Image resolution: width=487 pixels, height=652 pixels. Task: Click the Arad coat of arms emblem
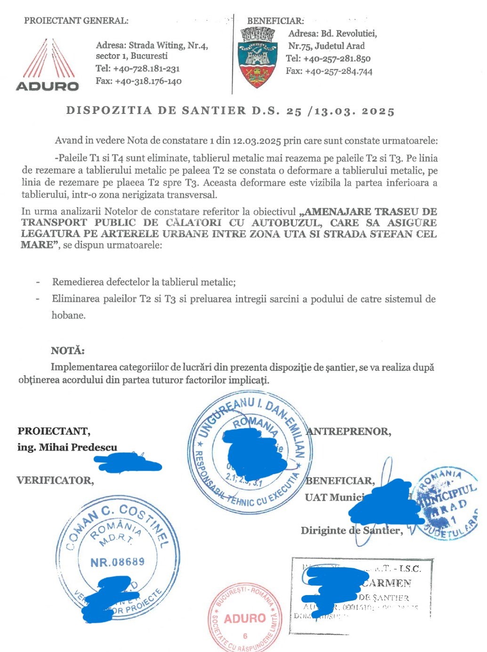coord(257,57)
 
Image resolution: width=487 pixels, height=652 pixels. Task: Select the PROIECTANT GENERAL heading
coord(76,21)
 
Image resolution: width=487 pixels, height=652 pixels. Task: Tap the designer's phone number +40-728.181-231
coord(146,69)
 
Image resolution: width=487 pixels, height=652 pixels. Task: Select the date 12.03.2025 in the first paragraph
coord(257,141)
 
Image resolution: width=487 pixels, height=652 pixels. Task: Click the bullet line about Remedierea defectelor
coord(144,282)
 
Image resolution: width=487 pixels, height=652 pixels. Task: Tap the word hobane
coord(69,315)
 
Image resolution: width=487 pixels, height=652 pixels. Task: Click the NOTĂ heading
coord(68,351)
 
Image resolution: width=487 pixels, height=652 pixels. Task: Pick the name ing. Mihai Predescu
coord(67,447)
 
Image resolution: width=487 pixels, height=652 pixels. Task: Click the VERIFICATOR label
coord(55,481)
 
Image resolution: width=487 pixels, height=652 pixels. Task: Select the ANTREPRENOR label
coord(349,431)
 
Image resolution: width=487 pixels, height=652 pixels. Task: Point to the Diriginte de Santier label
coord(352,531)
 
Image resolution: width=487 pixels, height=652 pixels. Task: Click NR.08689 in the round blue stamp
coord(117,562)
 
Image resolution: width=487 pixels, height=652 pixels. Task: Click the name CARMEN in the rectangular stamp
coord(387,584)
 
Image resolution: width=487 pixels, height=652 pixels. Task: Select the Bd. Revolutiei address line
coord(333,34)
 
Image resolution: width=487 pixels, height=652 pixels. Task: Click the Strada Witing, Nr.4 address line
coord(152,46)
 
